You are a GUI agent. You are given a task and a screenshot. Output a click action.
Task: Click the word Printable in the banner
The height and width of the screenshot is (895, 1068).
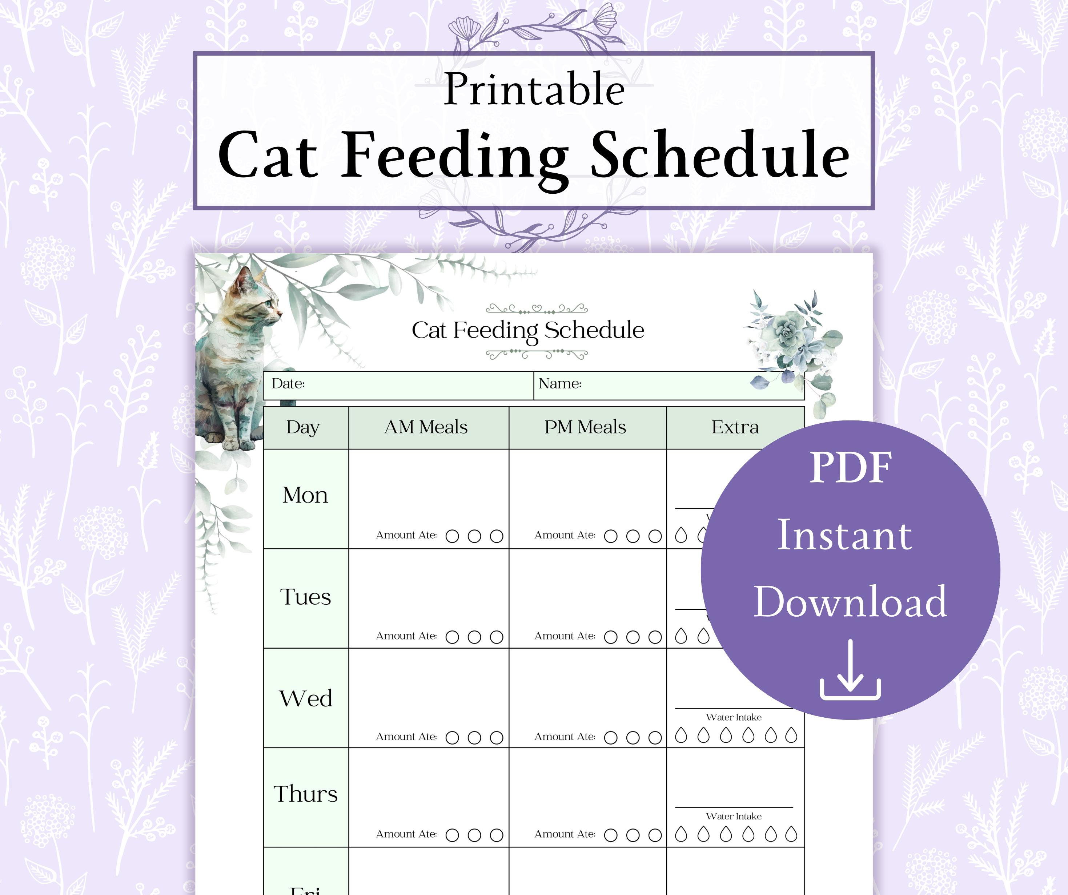click(534, 89)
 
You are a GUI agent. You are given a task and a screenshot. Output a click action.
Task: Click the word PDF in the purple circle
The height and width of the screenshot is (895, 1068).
click(850, 468)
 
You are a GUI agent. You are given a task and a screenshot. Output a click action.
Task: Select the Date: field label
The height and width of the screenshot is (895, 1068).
click(288, 383)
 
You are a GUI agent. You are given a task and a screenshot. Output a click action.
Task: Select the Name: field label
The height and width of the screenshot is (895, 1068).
click(560, 383)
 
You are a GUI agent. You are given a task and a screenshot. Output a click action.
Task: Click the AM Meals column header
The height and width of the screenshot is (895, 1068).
click(426, 427)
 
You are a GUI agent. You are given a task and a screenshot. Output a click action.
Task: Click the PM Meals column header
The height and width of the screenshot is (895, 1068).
click(585, 427)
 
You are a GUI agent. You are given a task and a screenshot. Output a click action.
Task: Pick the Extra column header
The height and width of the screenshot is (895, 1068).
click(735, 427)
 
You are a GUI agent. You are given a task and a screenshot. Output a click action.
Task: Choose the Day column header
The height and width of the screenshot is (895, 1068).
click(303, 427)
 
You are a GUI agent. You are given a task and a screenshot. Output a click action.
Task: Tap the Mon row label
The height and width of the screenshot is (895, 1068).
click(305, 495)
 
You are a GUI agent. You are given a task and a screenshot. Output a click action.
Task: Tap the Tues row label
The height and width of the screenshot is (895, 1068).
click(305, 597)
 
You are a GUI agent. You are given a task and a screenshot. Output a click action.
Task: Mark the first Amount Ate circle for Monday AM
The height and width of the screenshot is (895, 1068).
click(452, 536)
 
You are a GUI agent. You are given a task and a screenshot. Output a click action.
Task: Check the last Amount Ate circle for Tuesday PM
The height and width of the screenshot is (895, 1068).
click(655, 637)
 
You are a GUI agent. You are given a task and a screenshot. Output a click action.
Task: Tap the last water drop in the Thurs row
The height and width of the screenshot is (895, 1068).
click(791, 834)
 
